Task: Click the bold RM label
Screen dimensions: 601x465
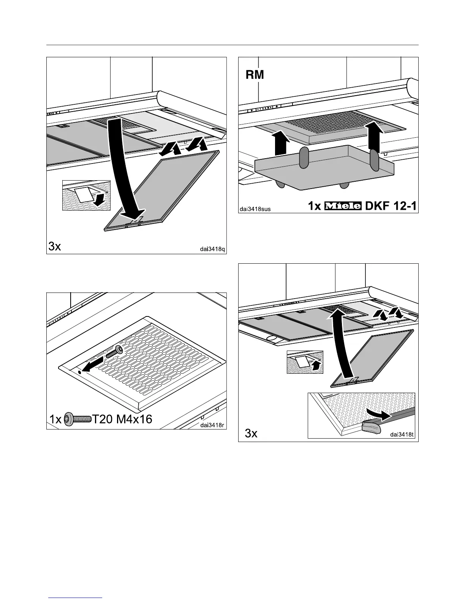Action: pyautogui.click(x=255, y=75)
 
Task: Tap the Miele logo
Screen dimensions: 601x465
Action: pyautogui.click(x=342, y=206)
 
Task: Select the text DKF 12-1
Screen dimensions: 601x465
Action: pyautogui.click(x=391, y=206)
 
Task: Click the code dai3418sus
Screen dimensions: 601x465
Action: pyautogui.click(x=255, y=209)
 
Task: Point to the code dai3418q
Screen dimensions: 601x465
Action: pyautogui.click(x=213, y=249)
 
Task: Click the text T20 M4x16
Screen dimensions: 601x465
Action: pyautogui.click(x=122, y=419)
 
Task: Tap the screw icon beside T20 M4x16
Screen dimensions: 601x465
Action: pyautogui.click(x=78, y=419)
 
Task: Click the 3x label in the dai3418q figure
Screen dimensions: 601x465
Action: pyautogui.click(x=55, y=247)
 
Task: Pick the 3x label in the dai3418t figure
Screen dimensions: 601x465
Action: pyautogui.click(x=251, y=433)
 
